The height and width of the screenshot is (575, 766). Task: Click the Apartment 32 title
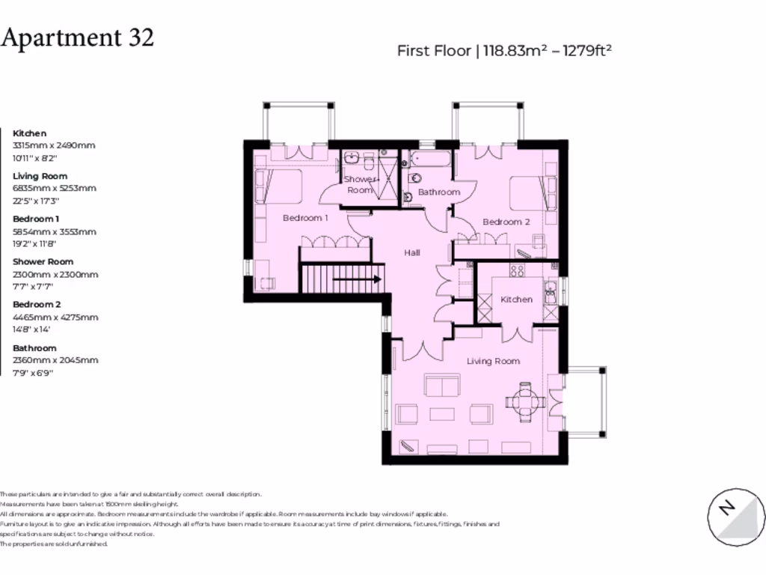tap(77, 37)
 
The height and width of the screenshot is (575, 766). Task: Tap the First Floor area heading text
tap(505, 51)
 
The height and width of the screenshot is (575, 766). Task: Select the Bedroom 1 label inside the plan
tap(304, 218)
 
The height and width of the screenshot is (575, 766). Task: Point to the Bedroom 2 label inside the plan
tap(506, 222)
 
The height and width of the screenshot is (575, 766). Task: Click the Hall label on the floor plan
tap(412, 253)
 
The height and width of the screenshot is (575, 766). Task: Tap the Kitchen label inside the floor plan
tap(516, 299)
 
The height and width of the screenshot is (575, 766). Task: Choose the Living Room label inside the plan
tap(493, 361)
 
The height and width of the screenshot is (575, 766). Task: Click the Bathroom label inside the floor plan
tap(438, 192)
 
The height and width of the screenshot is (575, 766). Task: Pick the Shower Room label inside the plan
tap(360, 185)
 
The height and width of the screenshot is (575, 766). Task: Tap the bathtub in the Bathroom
tap(430, 159)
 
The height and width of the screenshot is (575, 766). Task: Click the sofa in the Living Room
tap(442, 385)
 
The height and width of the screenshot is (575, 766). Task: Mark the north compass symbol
tap(737, 517)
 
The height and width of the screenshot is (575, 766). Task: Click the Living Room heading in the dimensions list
tap(40, 177)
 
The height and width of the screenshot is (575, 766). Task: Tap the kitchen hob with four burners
tap(516, 270)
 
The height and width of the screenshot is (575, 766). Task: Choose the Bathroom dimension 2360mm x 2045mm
tap(55, 360)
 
